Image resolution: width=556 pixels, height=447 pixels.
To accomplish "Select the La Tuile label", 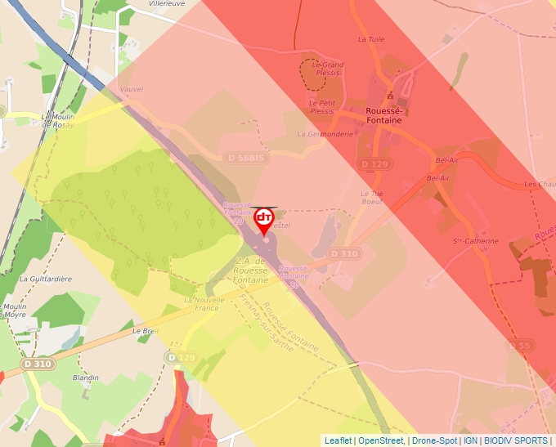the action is tap(370, 38).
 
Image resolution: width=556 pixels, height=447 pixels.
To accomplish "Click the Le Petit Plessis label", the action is tap(322, 106).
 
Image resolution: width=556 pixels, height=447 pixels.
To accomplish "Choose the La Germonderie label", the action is tap(325, 134).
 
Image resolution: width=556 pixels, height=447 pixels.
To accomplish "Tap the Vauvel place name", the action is tap(131, 89).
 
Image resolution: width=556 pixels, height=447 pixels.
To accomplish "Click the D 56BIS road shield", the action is tap(244, 157).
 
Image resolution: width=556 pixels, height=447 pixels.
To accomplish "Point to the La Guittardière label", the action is tap(45, 279).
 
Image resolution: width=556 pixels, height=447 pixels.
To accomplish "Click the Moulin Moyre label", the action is tap(16, 310).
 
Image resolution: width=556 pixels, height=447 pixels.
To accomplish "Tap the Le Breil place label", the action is tap(145, 332).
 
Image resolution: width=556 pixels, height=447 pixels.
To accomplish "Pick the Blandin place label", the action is tap(85, 378).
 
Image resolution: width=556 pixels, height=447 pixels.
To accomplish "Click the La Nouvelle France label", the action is tap(202, 303).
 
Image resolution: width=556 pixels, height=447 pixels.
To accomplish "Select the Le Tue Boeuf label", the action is tap(372, 198).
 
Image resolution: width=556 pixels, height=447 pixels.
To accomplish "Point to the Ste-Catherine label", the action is tap(476, 241).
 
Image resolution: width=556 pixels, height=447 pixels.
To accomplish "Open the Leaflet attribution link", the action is tap(338, 440).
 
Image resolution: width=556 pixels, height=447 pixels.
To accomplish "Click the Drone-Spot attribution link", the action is tap(434, 440).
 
